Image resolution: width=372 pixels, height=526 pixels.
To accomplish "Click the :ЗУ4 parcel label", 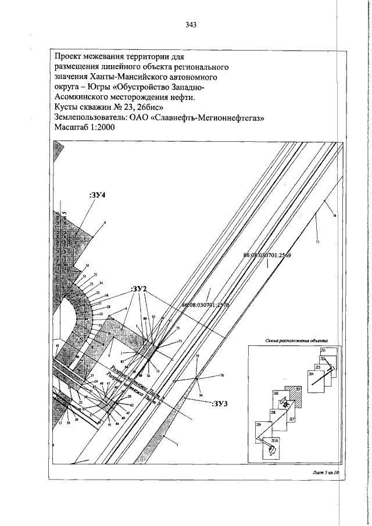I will (x=96, y=196).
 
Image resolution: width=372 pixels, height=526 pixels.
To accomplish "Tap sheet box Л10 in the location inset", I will (x=271, y=448).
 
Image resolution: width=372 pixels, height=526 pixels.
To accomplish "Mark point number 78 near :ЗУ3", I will (x=222, y=376).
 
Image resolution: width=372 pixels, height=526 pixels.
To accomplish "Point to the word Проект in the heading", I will (x=68, y=56).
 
